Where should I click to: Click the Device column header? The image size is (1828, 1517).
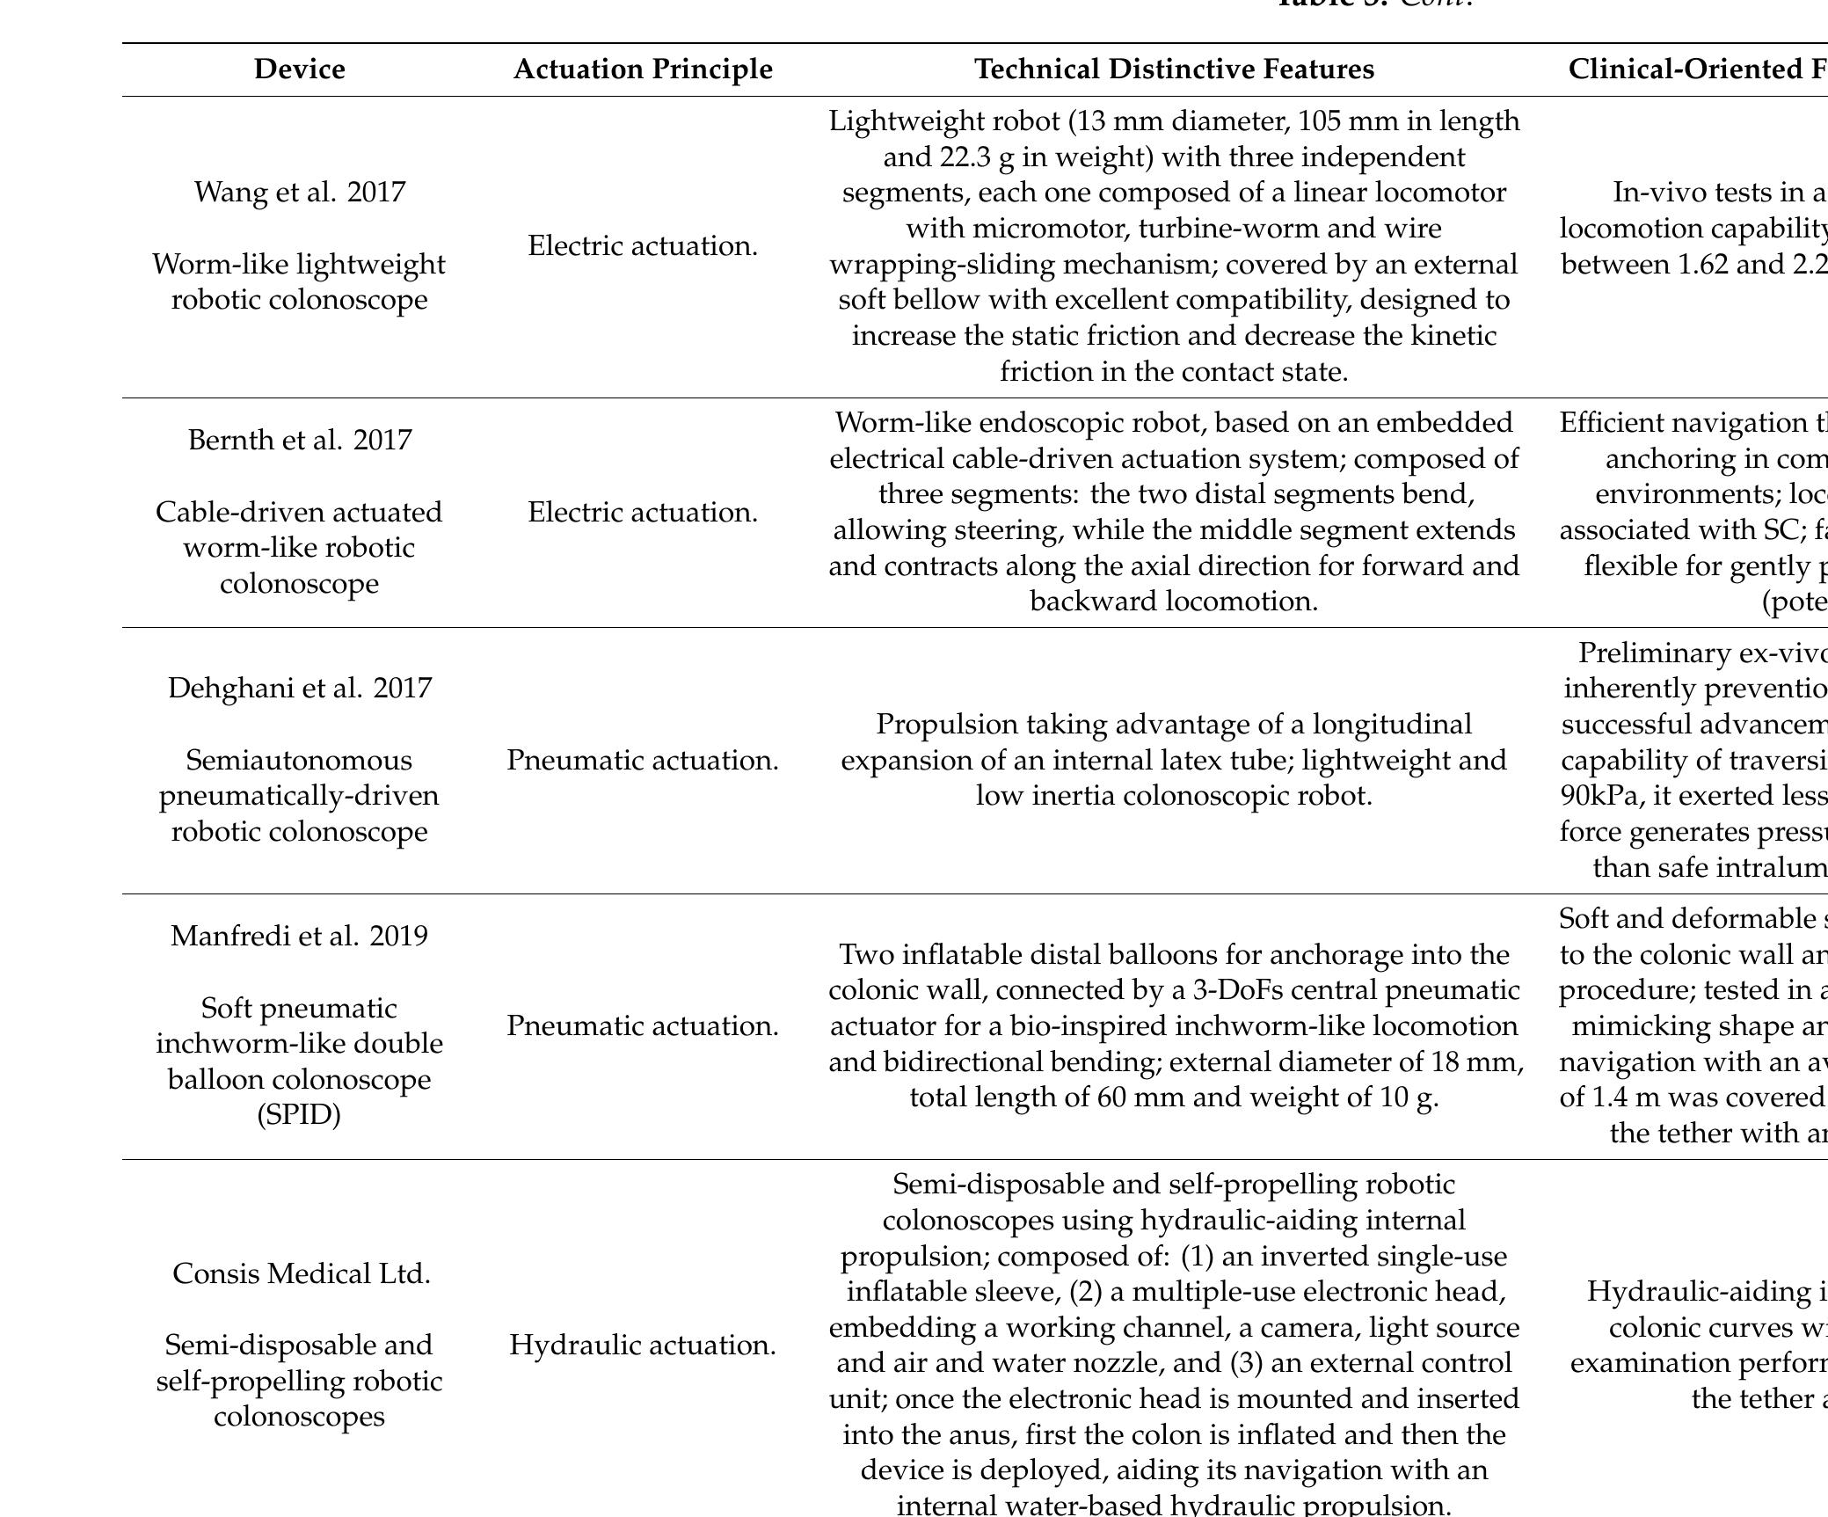pyautogui.click(x=299, y=69)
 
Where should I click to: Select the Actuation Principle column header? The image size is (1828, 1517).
pyautogui.click(x=643, y=69)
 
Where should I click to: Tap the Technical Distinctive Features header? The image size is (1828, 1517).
pyautogui.click(x=1174, y=69)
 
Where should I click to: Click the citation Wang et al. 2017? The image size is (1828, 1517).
pyautogui.click(x=299, y=192)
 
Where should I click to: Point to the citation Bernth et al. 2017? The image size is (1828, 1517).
pyautogui.click(x=299, y=440)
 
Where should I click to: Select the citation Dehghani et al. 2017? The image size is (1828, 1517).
pyautogui.click(x=299, y=688)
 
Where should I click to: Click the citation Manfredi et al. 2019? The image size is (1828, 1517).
pyautogui.click(x=299, y=936)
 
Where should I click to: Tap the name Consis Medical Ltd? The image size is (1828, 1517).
pyautogui.click(x=301, y=1273)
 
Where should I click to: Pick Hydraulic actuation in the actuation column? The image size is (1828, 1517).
pyautogui.click(x=643, y=1345)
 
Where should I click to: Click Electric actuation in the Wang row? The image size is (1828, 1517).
pyautogui.click(x=643, y=246)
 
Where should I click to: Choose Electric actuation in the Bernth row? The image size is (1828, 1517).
pyautogui.click(x=643, y=512)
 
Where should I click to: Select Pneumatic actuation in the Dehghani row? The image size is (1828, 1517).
pyautogui.click(x=643, y=760)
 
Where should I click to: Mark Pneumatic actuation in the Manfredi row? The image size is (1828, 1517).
pyautogui.click(x=643, y=1025)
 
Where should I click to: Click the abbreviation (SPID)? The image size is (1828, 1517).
pyautogui.click(x=299, y=1115)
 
